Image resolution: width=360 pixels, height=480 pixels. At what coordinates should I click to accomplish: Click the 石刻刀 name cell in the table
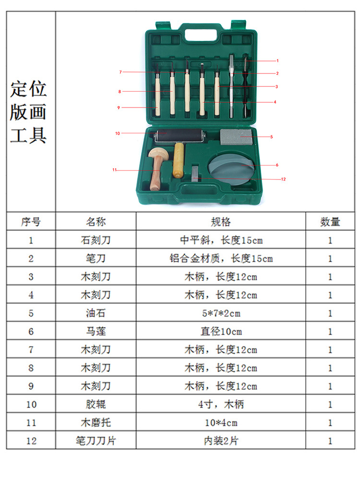96,240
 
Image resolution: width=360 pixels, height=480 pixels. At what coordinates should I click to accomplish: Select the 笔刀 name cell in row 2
96,259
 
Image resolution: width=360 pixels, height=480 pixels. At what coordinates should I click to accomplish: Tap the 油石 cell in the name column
96,313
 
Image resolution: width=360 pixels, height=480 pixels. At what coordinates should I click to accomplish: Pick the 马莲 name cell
96,332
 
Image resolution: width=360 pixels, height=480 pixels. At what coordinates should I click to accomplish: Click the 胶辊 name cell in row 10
96,405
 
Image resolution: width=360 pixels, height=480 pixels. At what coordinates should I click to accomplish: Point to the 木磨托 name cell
96,423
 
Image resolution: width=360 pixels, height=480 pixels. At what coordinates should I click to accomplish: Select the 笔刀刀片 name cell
96,441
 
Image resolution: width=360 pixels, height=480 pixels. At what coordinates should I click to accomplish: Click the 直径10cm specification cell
221,332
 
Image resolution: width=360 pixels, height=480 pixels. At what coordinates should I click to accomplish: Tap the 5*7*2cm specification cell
221,313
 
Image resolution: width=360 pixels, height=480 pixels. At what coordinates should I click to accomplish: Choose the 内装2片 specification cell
221,441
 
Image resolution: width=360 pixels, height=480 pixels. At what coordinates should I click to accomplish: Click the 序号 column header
31,222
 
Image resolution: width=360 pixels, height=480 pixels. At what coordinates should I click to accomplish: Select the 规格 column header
221,222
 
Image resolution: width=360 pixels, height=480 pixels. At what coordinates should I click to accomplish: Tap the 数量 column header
330,222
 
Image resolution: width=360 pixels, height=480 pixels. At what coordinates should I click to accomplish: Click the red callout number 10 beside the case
117,133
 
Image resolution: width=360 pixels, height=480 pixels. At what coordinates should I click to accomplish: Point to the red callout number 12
283,179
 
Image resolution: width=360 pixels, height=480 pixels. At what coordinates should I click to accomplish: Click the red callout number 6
277,165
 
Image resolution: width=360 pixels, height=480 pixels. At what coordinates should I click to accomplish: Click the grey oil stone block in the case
236,136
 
